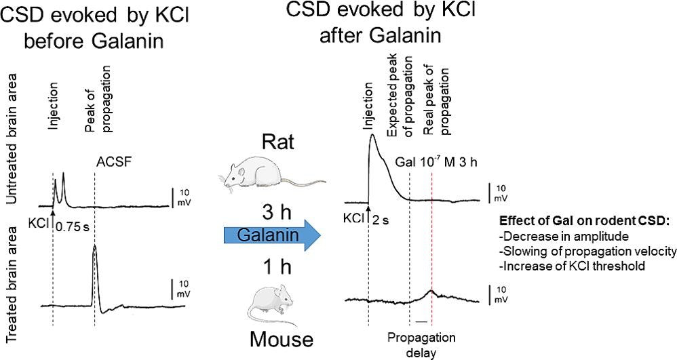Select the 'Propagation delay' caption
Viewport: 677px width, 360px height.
[x=421, y=344]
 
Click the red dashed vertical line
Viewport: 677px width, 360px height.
[x=432, y=237]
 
